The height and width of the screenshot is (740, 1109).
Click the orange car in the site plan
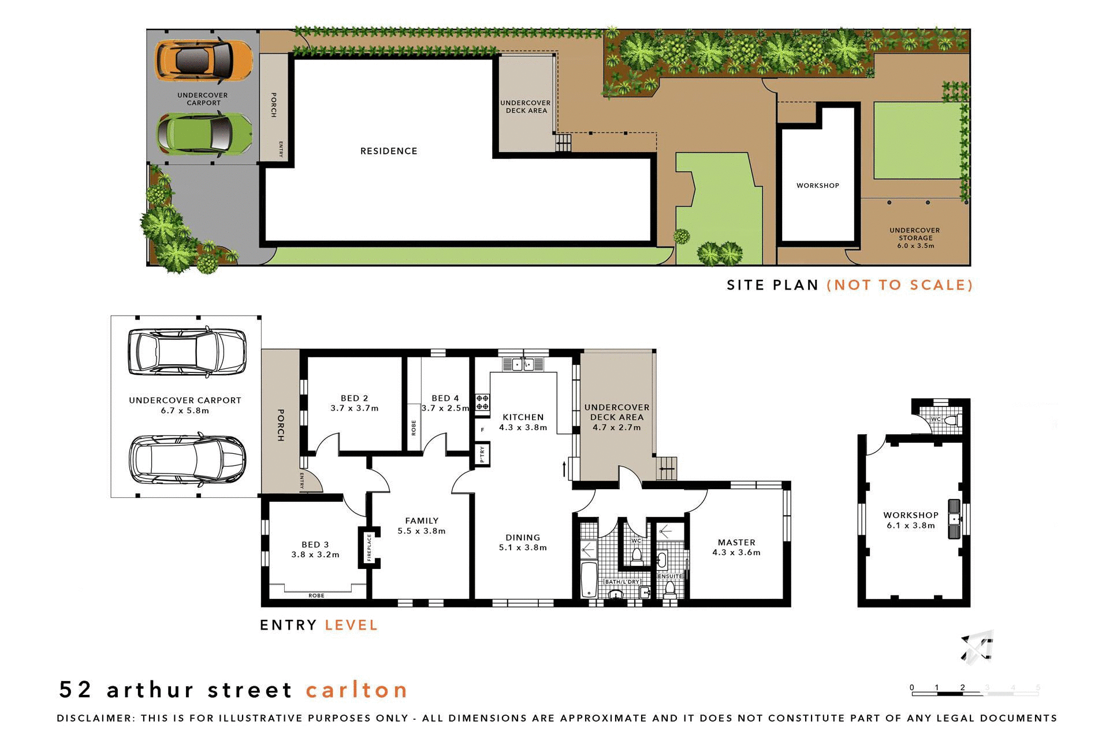pos(203,60)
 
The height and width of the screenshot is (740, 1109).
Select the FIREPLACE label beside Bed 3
pos(369,547)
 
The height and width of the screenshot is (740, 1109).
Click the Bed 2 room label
pos(354,398)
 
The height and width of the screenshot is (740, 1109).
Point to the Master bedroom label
pos(736,542)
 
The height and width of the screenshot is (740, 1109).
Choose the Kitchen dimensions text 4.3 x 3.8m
pos(523,428)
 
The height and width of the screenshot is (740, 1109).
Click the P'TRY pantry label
pos(482,454)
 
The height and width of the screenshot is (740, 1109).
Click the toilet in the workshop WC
pos(956,420)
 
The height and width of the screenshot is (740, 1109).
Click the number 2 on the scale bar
pos(962,687)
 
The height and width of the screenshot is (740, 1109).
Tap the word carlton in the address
pos(356,690)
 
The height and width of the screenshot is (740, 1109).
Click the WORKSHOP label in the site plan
pos(817,186)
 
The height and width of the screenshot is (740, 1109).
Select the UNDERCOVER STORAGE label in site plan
pos(914,234)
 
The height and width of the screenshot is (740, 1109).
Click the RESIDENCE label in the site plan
pos(389,151)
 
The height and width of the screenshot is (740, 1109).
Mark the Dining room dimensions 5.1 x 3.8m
pos(523,547)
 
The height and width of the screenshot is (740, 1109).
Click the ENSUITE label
pos(670,576)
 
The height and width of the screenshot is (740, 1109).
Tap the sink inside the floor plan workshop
pos(954,519)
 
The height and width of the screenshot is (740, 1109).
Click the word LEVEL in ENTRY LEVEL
pos(351,625)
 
